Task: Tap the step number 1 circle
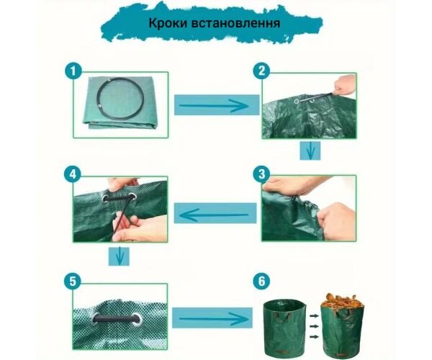[73, 71]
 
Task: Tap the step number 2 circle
[261, 71]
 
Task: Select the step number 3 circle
[261, 174]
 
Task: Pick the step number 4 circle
[73, 174]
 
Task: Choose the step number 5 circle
[73, 282]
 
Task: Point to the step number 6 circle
[261, 282]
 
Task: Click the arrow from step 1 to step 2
[214, 106]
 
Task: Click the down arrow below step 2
[310, 151]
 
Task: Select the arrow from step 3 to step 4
[214, 215]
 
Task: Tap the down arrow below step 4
[119, 256]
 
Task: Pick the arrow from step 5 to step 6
[214, 319]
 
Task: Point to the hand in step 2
[344, 85]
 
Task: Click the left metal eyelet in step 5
[95, 319]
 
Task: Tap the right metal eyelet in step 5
[138, 320]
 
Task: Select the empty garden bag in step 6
[284, 327]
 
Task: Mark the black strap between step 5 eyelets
[116, 319]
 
